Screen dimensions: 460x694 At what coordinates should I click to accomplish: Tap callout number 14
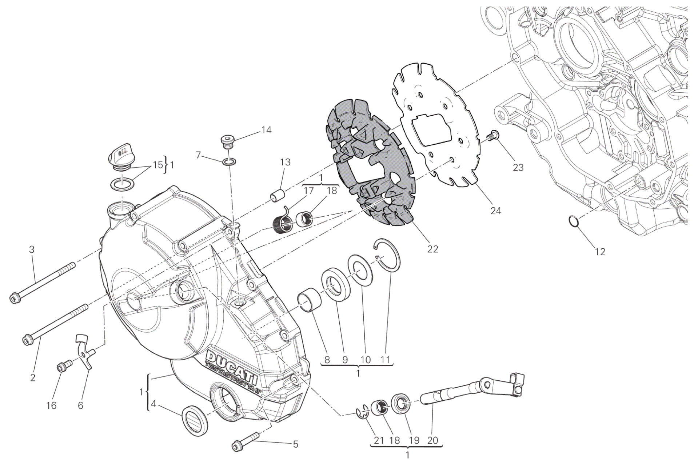267,130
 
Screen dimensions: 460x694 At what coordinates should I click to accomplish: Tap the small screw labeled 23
492,136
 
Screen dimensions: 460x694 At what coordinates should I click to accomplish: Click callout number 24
496,211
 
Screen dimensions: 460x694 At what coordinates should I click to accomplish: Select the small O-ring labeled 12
574,221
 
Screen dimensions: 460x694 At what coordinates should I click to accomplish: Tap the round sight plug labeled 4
196,421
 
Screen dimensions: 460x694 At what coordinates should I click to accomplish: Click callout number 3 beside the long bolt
32,249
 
